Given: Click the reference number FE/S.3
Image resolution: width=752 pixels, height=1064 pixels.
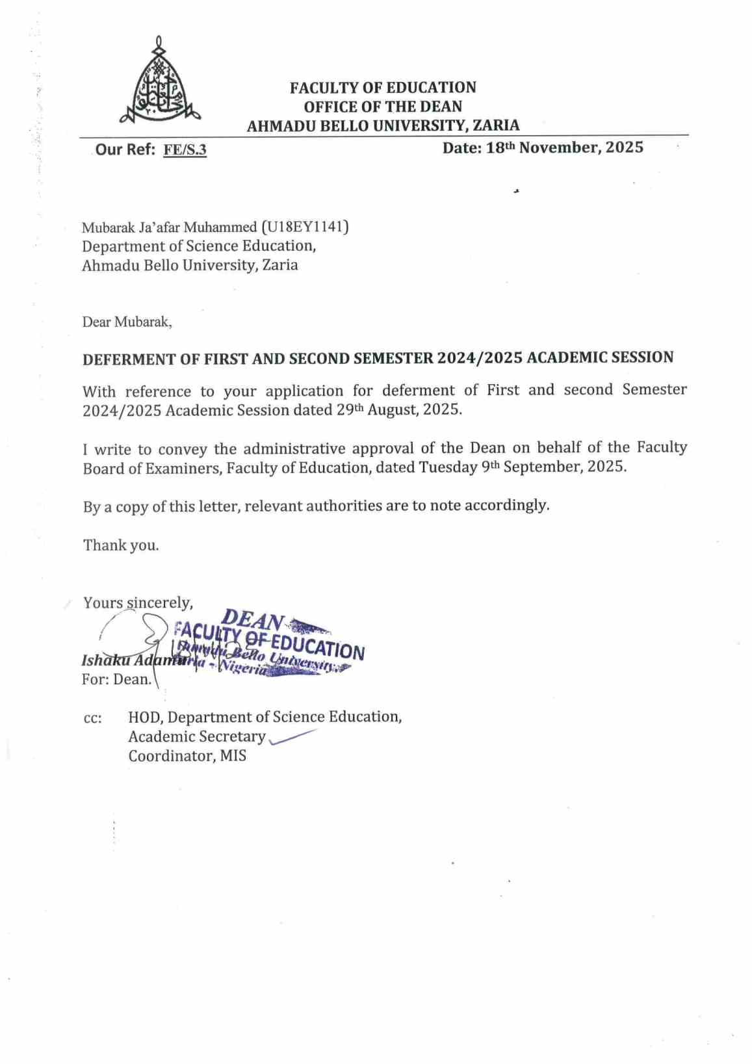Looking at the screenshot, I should tap(185, 150).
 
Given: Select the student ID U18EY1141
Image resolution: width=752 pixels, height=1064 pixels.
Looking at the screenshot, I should tap(305, 227).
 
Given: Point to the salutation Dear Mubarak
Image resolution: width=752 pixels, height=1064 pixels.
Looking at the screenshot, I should tap(127, 322).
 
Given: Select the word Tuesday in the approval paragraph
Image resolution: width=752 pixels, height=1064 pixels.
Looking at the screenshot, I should tap(448, 467).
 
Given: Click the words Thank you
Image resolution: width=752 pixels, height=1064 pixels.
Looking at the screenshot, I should tap(121, 545).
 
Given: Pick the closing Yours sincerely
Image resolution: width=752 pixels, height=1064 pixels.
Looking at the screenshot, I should tap(138, 603).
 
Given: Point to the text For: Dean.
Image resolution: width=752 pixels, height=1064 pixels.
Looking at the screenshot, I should tap(117, 680).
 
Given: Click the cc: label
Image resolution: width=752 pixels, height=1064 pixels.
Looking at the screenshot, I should tap(92, 719).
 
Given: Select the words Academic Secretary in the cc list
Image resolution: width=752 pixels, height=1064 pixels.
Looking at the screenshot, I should tap(196, 736).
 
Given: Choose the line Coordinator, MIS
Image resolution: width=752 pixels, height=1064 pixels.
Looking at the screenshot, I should tap(187, 756).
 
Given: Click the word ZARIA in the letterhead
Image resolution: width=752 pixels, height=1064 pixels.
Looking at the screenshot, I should tap(496, 125).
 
